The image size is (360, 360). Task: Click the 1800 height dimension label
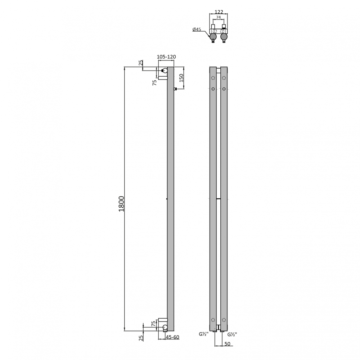click(121, 204)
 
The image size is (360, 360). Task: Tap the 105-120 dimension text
click(166, 57)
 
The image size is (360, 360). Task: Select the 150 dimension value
click(181, 78)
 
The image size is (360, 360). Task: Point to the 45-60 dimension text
click(172, 337)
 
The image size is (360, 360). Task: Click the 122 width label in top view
click(219, 12)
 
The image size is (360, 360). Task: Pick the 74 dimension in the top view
click(219, 17)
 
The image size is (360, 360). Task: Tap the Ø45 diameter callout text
click(197, 29)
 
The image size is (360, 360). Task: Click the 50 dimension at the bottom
click(227, 344)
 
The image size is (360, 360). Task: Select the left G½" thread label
click(204, 334)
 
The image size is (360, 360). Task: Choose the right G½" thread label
click(232, 334)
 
